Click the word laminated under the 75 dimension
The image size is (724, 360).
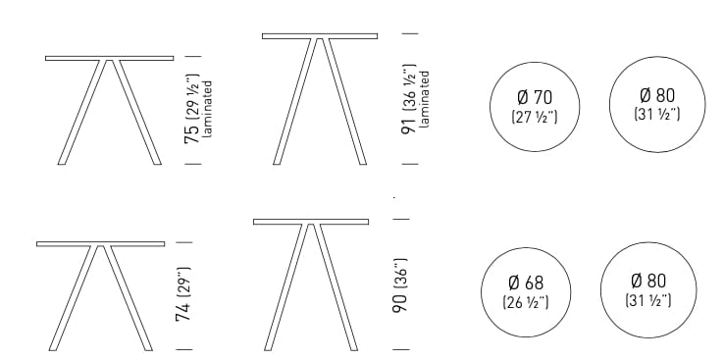click(x=208, y=111)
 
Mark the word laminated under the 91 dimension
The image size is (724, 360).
click(x=425, y=98)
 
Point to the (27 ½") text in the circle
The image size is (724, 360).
click(x=534, y=117)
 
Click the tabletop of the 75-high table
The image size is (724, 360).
click(x=109, y=58)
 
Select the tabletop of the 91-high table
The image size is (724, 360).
click(x=319, y=36)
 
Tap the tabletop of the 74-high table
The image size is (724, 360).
click(x=100, y=243)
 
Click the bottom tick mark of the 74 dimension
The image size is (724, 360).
click(x=183, y=349)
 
